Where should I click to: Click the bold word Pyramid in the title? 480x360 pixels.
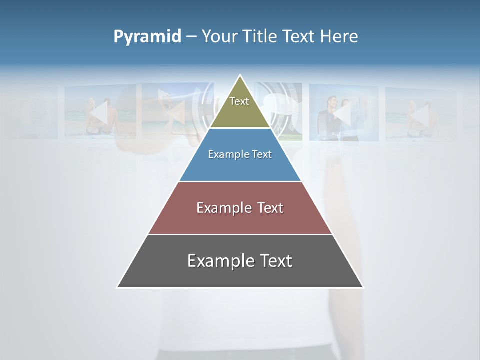coord(147,37)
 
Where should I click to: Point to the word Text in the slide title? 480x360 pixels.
coord(299,36)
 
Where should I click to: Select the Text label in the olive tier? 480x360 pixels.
coord(239,101)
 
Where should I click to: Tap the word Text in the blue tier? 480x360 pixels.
coord(262,154)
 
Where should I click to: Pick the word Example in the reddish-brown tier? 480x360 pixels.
coord(223,208)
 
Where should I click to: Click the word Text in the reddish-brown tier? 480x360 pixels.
coord(270,208)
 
